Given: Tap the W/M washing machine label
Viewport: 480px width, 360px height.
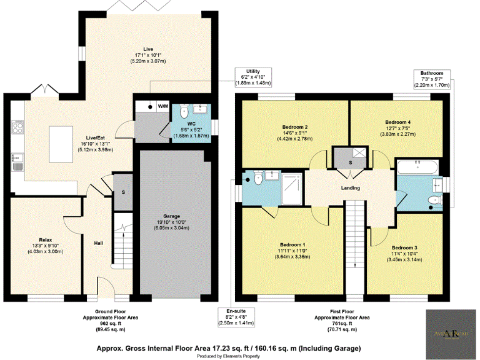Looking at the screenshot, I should (x=162, y=106).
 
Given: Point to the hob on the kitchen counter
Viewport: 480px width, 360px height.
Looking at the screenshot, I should (x=16, y=129).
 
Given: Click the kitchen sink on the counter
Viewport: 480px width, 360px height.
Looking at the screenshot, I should (x=17, y=164).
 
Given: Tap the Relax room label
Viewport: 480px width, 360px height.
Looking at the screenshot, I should (x=44, y=240).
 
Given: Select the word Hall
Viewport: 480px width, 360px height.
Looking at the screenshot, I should (x=99, y=243).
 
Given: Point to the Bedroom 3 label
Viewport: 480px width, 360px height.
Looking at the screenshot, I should (x=404, y=247).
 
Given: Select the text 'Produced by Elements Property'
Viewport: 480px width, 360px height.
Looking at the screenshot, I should (x=228, y=356).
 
